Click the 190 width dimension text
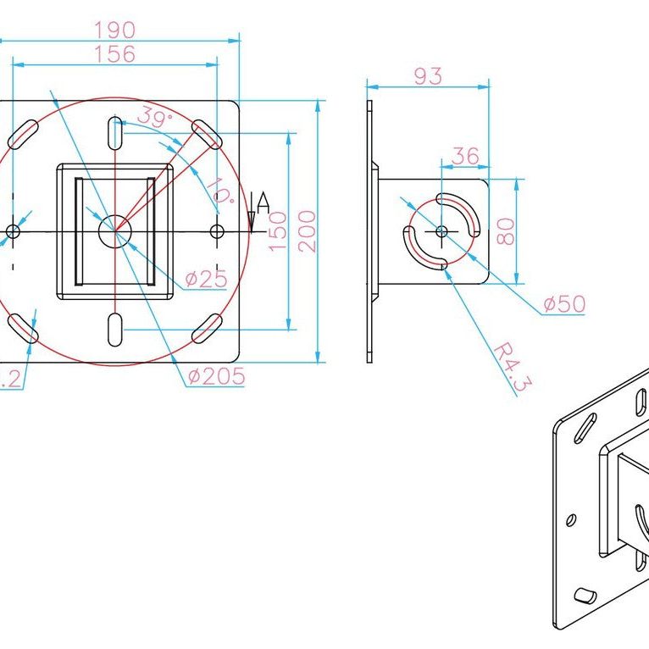[115, 30]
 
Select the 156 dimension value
[115, 54]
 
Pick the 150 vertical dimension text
[279, 230]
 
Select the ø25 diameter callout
[206, 278]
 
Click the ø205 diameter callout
[216, 375]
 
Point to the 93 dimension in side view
[428, 75]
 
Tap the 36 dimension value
[465, 156]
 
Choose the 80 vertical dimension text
[505, 230]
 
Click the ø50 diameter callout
[564, 304]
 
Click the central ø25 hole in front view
[114, 230]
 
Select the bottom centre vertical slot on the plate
[114, 329]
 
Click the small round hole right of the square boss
[217, 230]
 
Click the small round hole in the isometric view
[572, 518]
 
